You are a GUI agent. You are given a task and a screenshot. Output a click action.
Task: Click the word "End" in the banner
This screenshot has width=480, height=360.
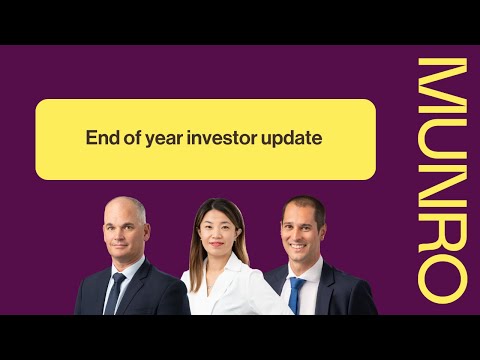(102, 139)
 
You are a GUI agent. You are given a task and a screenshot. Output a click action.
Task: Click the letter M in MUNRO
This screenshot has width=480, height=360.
(441, 82)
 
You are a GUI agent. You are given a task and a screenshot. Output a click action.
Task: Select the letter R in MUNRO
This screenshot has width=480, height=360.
(441, 222)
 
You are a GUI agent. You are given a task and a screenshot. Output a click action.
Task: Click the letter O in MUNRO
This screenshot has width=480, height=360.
(441, 270)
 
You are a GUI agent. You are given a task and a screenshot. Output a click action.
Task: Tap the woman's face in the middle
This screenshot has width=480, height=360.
(219, 232)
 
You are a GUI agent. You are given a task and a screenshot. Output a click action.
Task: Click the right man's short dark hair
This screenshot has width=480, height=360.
(303, 204)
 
